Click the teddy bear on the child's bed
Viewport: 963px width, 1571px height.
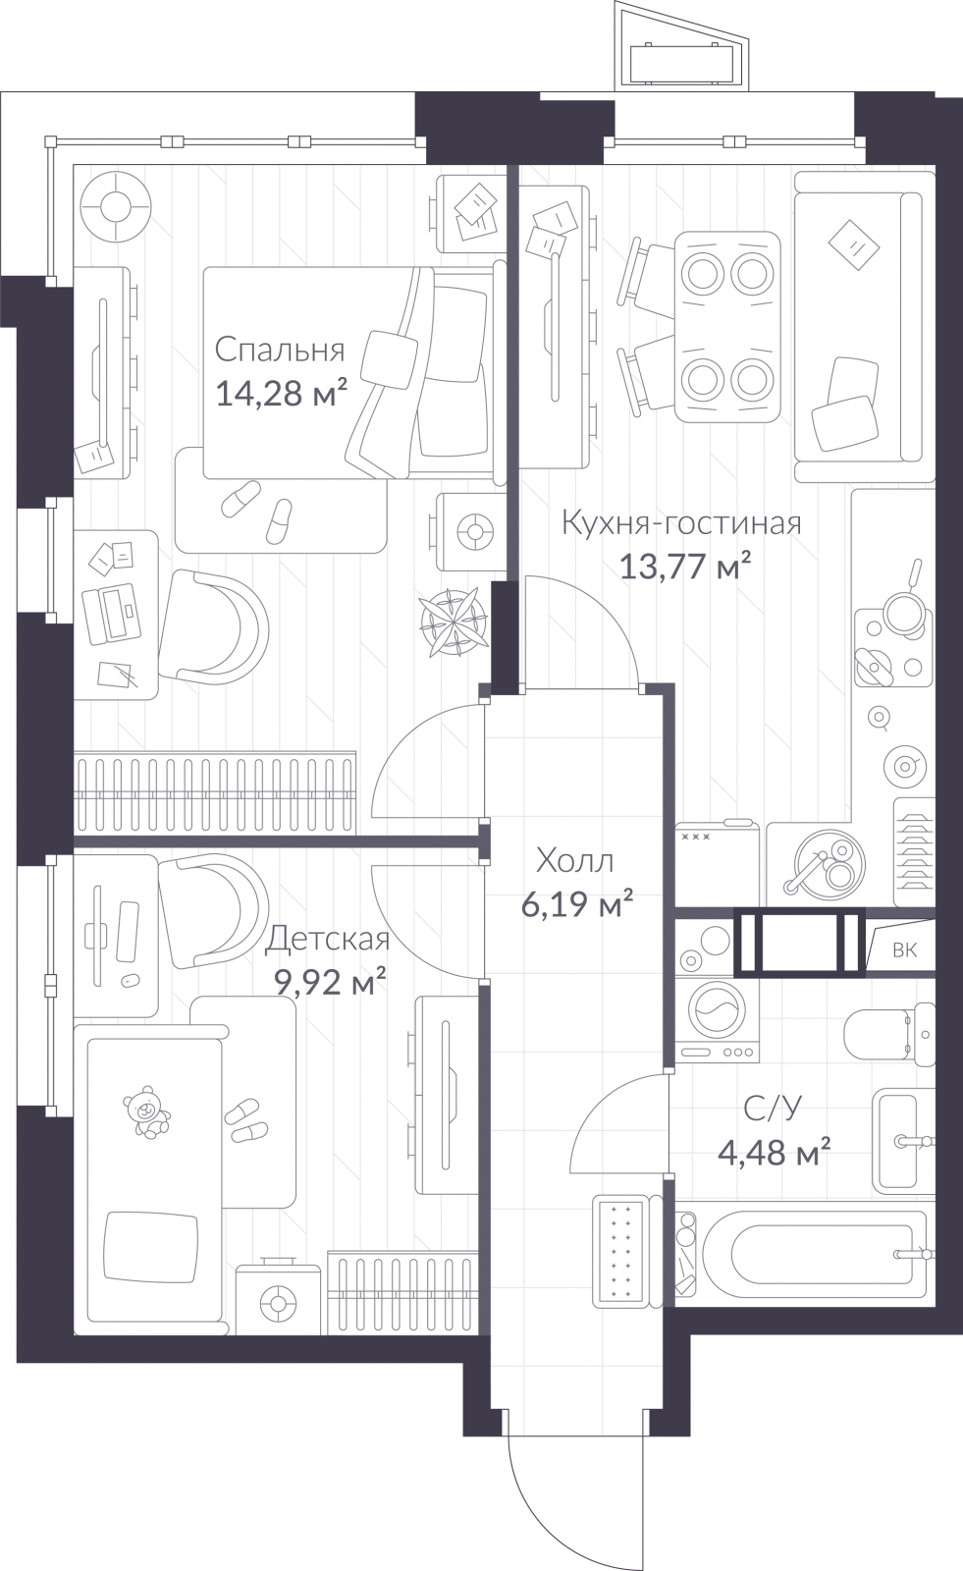click(x=145, y=1111)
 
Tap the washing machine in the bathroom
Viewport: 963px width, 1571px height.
click(x=717, y=1020)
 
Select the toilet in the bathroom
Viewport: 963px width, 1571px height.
click(x=888, y=1035)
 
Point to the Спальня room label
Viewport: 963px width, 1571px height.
click(x=279, y=350)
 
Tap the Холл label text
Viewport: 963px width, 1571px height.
click(x=574, y=860)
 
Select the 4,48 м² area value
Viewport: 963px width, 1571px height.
click(x=775, y=1153)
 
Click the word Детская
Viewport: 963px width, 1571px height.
click(x=327, y=939)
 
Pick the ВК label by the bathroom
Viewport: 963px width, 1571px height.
click(x=905, y=950)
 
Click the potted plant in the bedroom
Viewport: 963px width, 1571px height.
click(x=454, y=622)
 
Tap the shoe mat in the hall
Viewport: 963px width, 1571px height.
click(x=617, y=1251)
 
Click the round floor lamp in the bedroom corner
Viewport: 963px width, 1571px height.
click(x=115, y=207)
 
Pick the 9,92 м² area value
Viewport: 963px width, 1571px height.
click(x=330, y=982)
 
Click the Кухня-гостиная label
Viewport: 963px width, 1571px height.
click(x=681, y=523)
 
